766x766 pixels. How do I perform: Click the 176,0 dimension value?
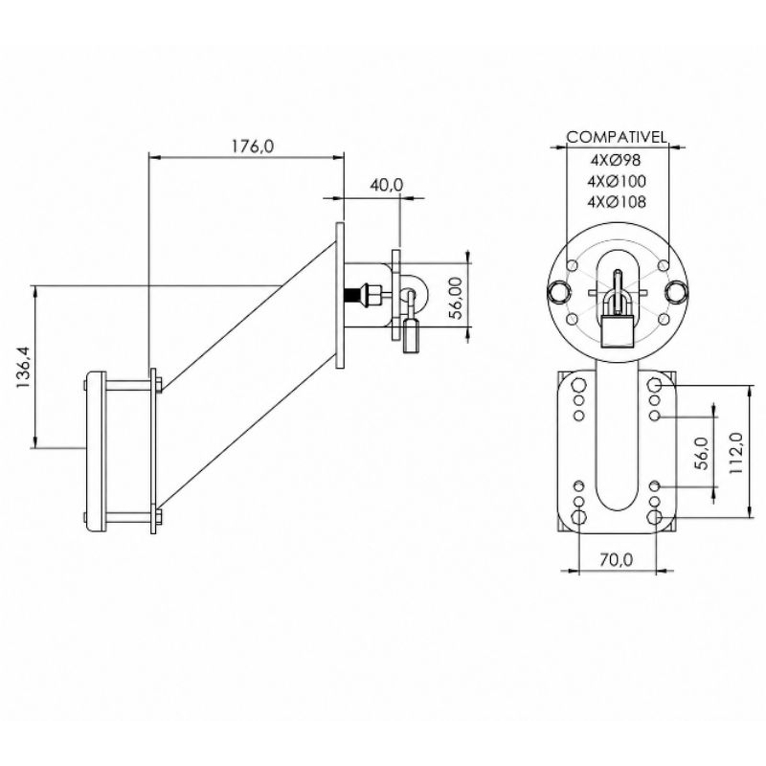(253, 146)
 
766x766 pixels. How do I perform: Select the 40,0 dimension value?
(387, 185)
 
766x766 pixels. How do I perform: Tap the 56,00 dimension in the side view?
(456, 298)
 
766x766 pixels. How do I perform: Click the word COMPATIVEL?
(617, 137)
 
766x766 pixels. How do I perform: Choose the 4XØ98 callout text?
(617, 160)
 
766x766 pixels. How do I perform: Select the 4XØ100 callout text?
(617, 181)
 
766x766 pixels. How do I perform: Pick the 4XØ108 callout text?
(617, 202)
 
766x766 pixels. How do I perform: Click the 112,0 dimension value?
(735, 452)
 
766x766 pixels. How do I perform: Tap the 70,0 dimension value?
(617, 559)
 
